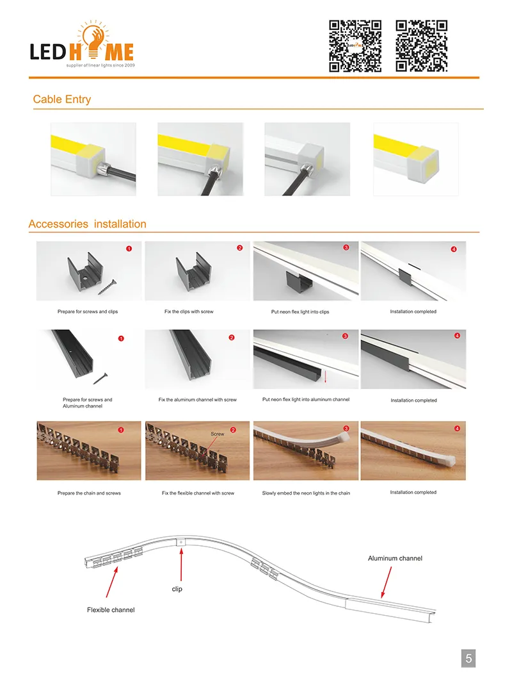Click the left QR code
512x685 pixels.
tap(355, 45)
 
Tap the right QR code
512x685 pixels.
tap(421, 45)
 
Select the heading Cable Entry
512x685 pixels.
tap(62, 99)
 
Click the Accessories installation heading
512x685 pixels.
tap(87, 224)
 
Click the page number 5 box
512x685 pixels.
tap(468, 658)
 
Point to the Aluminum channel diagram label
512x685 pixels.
tap(395, 559)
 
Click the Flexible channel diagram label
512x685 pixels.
tap(111, 610)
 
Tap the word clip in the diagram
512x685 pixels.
tap(177, 589)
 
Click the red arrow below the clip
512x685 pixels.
tap(182, 564)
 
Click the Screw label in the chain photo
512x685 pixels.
tap(218, 434)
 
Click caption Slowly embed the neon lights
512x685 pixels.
tap(306, 493)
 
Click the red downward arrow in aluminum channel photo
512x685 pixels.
tap(325, 376)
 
